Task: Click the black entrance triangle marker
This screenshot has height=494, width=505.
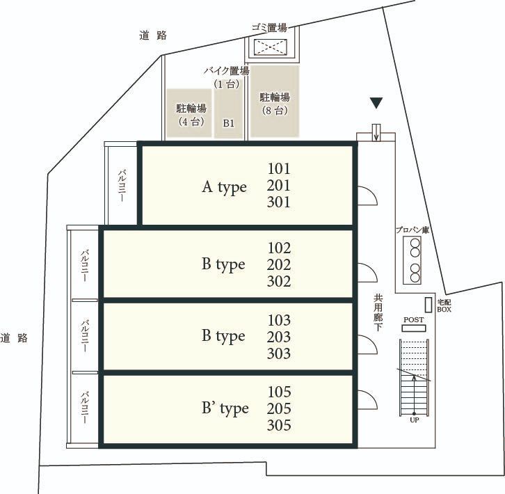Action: [376, 103]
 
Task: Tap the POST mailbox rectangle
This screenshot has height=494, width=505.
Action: [414, 328]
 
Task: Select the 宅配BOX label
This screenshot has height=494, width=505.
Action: [444, 306]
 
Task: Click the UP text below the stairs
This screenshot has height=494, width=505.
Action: [414, 420]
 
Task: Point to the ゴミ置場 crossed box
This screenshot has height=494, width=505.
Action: [270, 47]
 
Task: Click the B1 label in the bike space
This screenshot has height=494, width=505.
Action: [228, 123]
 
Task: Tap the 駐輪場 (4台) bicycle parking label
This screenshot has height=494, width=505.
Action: [191, 115]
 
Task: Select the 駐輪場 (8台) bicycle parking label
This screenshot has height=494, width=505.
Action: [275, 104]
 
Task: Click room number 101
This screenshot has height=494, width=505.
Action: [279, 168]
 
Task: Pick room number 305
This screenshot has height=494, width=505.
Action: [279, 425]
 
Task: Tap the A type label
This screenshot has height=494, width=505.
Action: [224, 187]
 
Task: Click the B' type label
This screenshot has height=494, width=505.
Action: [225, 408]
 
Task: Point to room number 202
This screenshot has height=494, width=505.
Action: [279, 264]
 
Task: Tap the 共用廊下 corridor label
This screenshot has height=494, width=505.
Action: [378, 312]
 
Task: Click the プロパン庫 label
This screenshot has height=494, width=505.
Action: [412, 230]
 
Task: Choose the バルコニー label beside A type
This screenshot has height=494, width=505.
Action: [122, 186]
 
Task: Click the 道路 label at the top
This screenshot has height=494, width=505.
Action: [153, 35]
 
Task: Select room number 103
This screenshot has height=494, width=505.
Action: [279, 320]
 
